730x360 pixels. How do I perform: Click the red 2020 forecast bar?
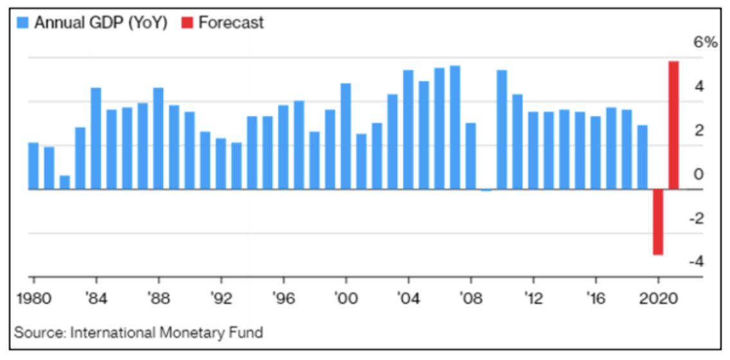[x=658, y=222]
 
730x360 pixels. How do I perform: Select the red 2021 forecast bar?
[x=673, y=125]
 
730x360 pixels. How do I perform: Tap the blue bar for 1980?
[x=33, y=166]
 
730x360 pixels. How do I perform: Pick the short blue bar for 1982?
[x=64, y=183]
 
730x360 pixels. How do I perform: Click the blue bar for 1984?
[x=96, y=138]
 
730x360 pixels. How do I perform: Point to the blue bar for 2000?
[x=346, y=136]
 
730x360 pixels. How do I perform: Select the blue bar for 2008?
[x=470, y=156]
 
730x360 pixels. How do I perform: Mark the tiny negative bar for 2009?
[x=486, y=190]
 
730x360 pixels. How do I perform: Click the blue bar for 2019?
[x=643, y=157]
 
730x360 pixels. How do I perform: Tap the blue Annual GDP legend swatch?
[x=23, y=22]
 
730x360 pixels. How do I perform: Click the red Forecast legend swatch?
[x=188, y=22]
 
